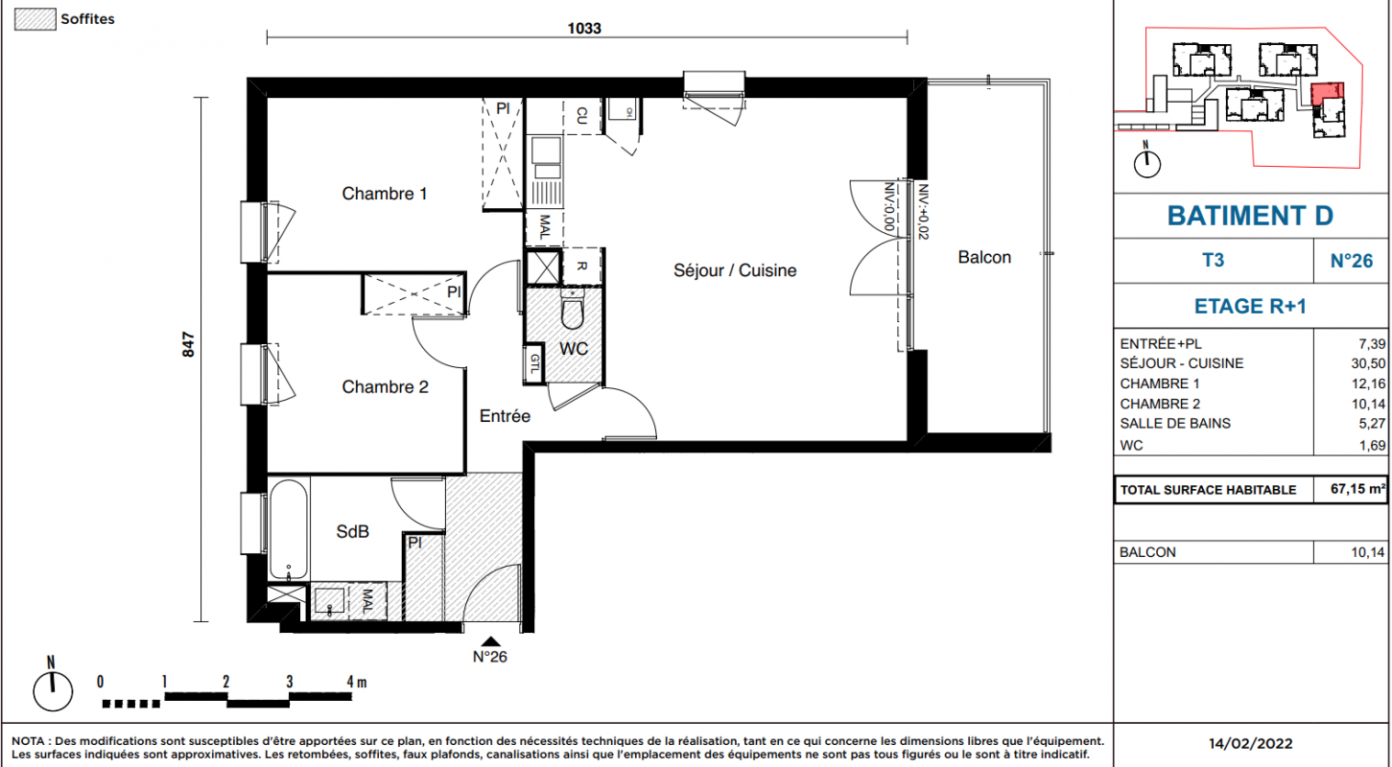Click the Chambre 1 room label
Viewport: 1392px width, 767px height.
point(385,194)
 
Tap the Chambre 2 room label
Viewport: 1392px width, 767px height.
point(386,387)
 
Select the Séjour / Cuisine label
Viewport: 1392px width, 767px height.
point(735,270)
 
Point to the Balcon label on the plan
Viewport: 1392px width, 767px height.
point(984,257)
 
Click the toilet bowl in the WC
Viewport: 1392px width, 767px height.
point(573,312)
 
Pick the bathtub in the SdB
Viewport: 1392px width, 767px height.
point(289,529)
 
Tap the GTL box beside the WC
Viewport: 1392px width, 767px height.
point(534,363)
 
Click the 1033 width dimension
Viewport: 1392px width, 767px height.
point(584,29)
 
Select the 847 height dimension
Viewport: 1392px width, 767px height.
point(188,345)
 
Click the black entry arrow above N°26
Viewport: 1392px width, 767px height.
point(491,641)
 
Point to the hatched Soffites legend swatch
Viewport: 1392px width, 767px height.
point(35,19)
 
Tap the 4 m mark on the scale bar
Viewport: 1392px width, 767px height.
point(357,682)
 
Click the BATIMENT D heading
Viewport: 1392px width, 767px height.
point(1250,216)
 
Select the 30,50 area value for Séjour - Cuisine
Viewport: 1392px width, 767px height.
point(1368,364)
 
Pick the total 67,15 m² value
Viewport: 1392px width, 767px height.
point(1358,489)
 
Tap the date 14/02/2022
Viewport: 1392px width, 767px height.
point(1250,743)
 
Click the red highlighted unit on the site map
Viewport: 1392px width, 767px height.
point(1328,94)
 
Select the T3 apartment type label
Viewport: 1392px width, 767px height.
point(1213,260)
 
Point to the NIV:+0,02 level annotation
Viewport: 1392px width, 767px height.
point(923,212)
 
